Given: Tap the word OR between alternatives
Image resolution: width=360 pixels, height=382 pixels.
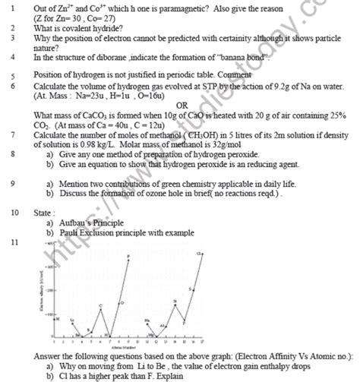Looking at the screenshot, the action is pyautogui.click(x=182, y=105).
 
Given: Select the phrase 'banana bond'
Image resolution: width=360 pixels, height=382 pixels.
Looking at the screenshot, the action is pyautogui.click(x=238, y=57).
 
